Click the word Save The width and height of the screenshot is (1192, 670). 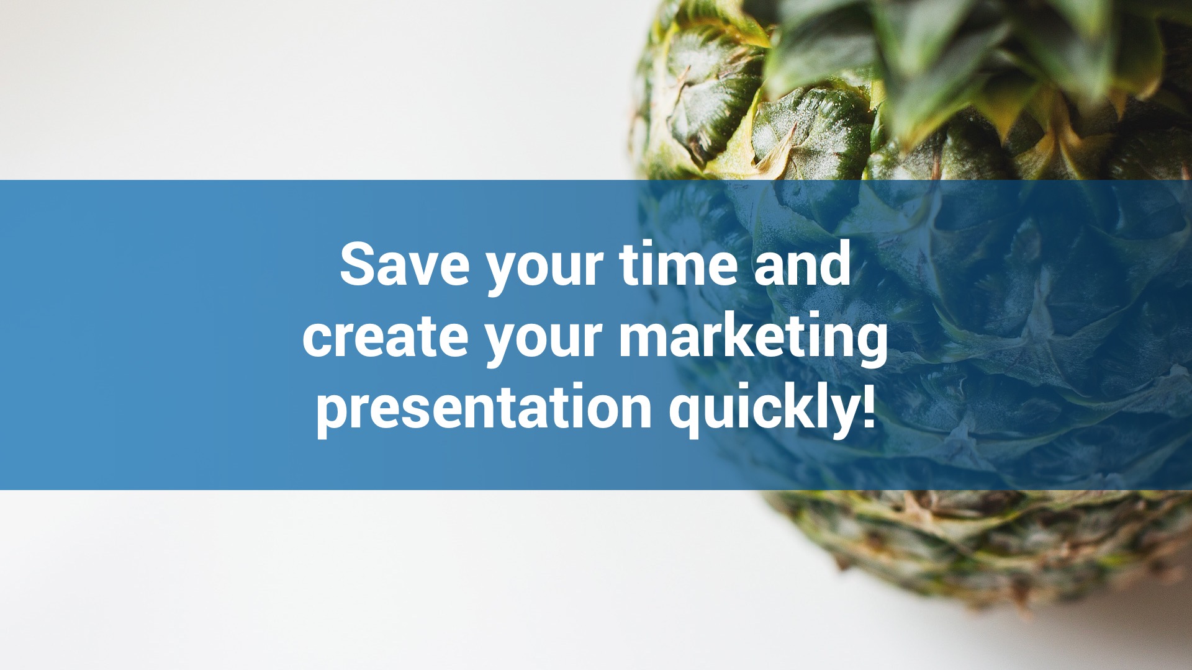tap(404, 264)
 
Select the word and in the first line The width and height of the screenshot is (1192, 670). tap(802, 264)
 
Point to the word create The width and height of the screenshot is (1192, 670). tap(385, 336)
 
